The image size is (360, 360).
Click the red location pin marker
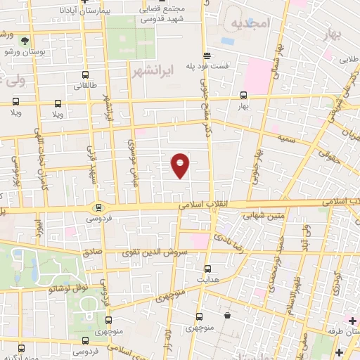[181, 165]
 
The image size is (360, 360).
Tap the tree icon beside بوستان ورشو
[25, 41]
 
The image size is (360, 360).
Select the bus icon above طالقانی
[85, 75]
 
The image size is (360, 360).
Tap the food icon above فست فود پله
[207, 54]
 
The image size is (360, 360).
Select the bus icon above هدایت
[207, 268]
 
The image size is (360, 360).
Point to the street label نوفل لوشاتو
[67, 288]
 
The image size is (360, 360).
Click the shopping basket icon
[229, 316]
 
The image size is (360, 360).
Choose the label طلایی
[349, 60]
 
